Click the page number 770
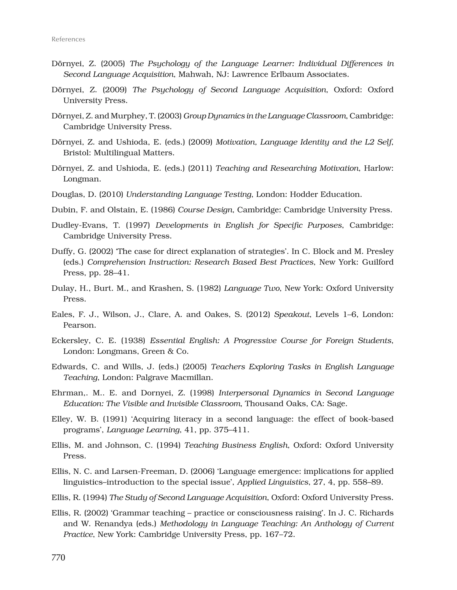(58, 557)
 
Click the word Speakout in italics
(292, 314)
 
